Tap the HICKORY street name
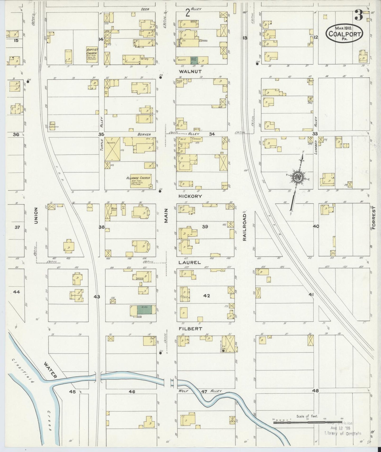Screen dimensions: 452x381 click(x=190, y=196)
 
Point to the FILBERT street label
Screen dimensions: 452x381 click(x=190, y=329)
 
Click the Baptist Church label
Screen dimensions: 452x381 click(x=92, y=52)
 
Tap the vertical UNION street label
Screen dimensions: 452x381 click(x=36, y=215)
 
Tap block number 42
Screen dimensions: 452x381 click(x=206, y=296)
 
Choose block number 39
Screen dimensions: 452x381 click(x=205, y=227)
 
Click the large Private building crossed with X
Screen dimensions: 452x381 click(x=112, y=149)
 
